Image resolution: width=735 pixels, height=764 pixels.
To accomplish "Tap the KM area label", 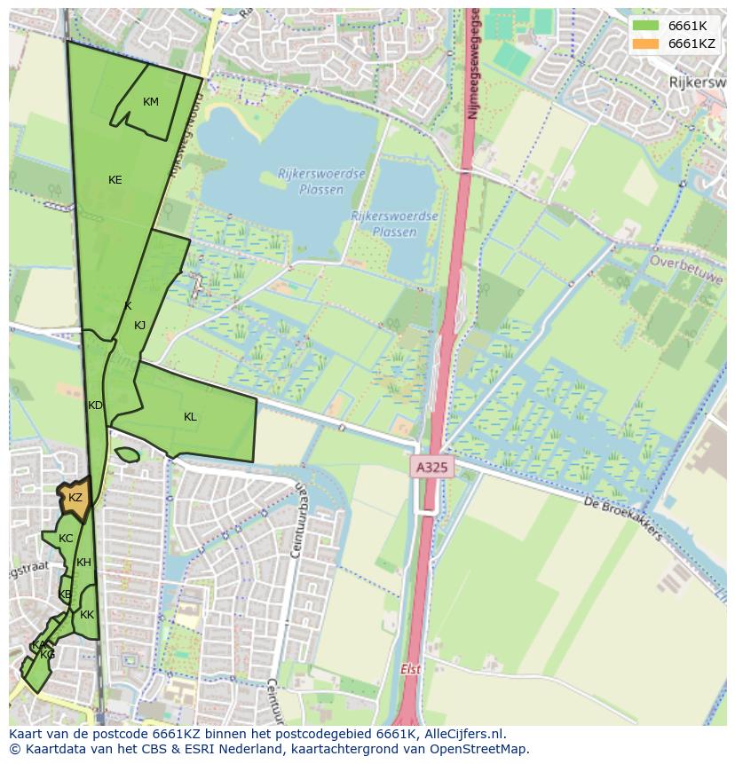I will tap(151, 102).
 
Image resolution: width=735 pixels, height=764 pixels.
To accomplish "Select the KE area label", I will tap(115, 180).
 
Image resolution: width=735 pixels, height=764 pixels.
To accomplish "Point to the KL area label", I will tap(190, 417).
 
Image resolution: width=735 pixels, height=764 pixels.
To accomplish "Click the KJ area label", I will tap(139, 326).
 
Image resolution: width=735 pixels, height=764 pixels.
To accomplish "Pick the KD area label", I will tap(95, 406).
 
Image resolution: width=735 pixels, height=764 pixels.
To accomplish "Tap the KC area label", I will tap(66, 539).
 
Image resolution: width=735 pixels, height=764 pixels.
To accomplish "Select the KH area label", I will tap(83, 563).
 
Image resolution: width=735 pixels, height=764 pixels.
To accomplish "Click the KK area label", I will tap(87, 615).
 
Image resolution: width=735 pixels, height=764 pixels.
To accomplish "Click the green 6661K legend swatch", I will tap(644, 26).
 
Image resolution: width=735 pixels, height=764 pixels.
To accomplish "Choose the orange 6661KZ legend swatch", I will tap(644, 43).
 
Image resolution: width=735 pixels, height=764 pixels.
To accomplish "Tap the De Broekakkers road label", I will tap(623, 518).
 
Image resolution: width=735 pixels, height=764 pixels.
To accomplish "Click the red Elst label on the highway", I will tap(410, 670).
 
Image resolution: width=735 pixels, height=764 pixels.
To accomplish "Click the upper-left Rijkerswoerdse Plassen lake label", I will tap(310, 182).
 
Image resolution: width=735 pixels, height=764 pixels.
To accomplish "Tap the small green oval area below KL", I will tap(127, 455).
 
